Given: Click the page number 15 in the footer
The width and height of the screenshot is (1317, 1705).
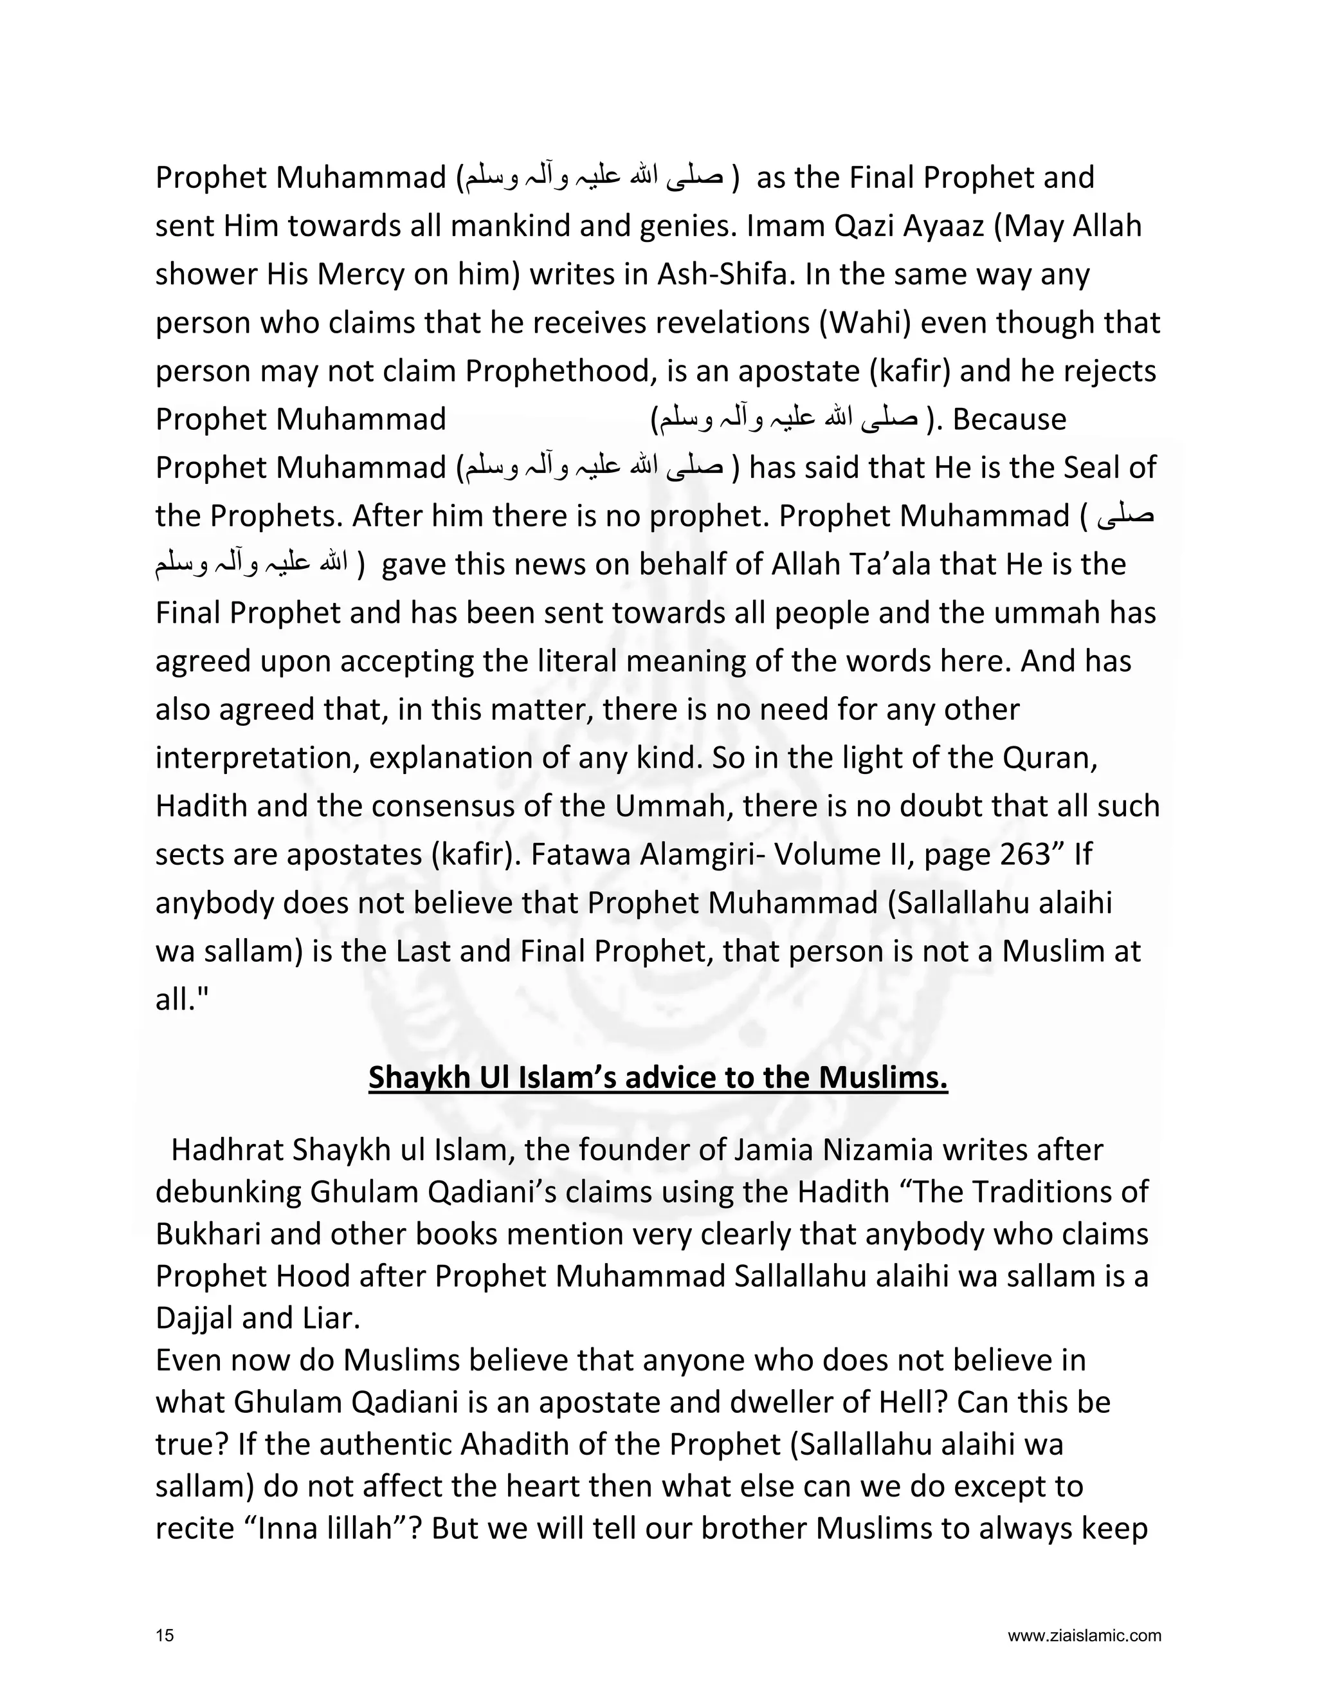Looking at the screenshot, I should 165,1636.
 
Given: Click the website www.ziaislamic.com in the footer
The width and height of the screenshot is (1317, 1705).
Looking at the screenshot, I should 1084,1636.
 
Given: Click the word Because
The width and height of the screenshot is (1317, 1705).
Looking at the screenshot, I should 1010,419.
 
